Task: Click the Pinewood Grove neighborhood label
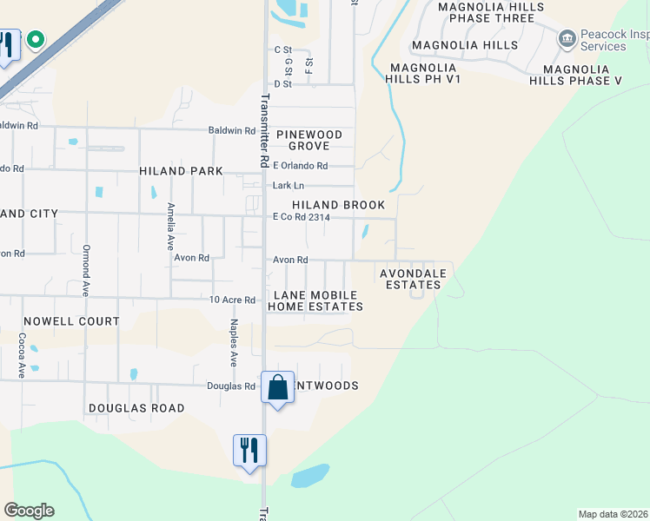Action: click(309, 141)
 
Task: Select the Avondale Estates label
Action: click(414, 279)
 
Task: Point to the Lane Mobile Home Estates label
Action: click(315, 301)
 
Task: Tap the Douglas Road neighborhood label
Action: click(136, 408)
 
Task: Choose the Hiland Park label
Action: click(181, 171)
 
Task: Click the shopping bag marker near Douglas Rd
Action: click(277, 388)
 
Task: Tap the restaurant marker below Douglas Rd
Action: click(249, 450)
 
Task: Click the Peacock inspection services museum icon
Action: click(567, 39)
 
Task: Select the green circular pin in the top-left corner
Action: click(35, 39)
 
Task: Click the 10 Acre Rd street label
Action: click(232, 300)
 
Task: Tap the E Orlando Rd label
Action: click(300, 166)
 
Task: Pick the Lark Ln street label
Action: click(289, 185)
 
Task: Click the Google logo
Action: click(29, 511)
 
